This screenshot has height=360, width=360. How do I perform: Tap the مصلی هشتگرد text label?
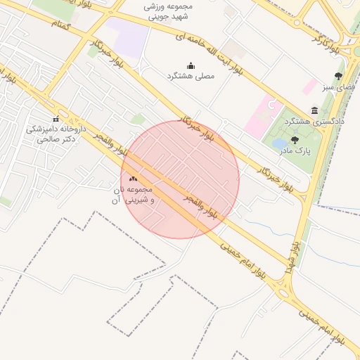[x=191, y=75]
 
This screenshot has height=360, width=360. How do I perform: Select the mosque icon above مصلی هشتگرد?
[x=191, y=65]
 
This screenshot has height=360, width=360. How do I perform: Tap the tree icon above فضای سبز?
[x=339, y=76]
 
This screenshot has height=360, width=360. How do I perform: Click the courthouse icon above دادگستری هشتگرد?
[x=314, y=111]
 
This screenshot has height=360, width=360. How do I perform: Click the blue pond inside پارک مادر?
[x=276, y=144]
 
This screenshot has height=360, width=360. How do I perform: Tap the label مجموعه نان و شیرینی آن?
[x=133, y=195]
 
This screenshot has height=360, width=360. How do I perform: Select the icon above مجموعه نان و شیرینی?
[x=133, y=179]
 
